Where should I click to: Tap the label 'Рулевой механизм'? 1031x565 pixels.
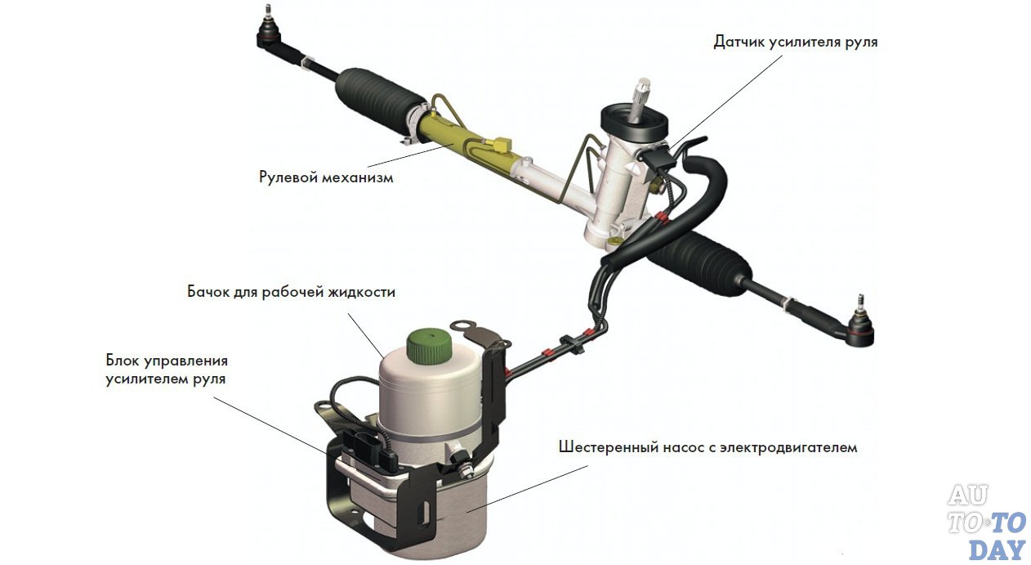click(x=326, y=177)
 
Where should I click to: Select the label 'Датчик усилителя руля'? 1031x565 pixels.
click(x=796, y=42)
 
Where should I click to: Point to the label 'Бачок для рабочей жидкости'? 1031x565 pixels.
click(x=291, y=292)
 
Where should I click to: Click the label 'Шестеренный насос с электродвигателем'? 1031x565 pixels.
click(x=707, y=447)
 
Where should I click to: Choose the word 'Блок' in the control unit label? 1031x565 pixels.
click(x=122, y=360)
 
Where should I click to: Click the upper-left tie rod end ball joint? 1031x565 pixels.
click(x=268, y=31)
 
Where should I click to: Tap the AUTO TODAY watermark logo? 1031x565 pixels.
click(x=987, y=523)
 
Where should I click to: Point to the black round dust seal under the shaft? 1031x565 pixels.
click(x=635, y=124)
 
